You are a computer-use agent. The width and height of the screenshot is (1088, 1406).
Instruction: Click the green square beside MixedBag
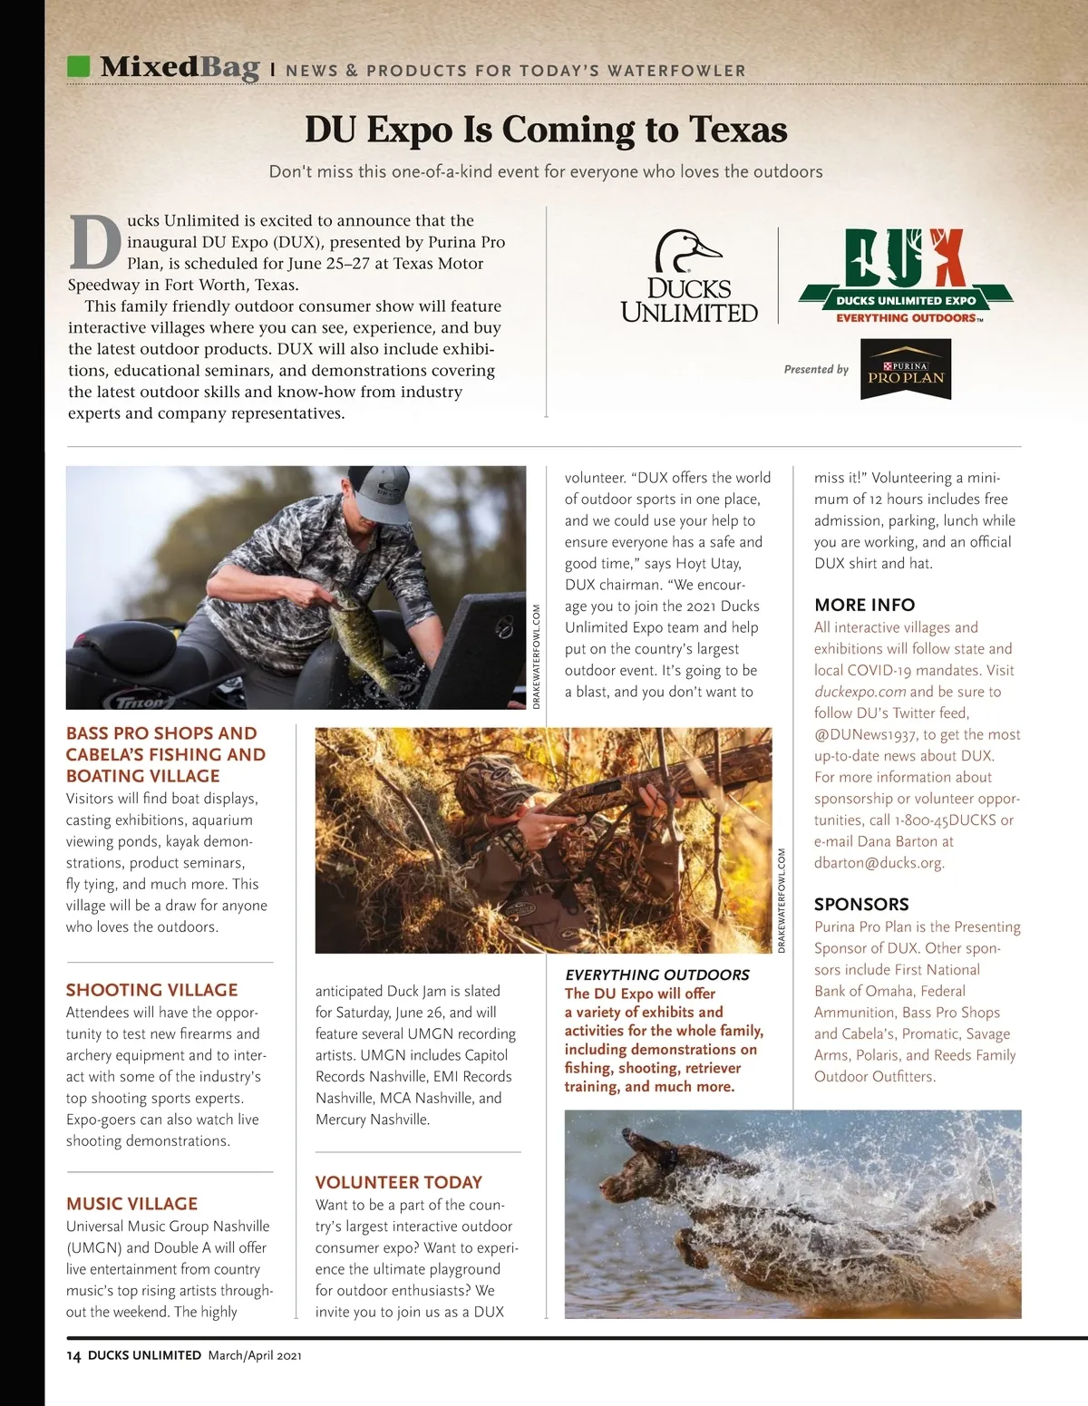(79, 67)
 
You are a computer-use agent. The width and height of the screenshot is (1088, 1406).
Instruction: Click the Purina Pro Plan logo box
(905, 370)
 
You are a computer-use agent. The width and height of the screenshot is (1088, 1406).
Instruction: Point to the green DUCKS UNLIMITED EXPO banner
(905, 300)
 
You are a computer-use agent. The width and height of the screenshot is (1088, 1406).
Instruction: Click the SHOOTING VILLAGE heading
(151, 990)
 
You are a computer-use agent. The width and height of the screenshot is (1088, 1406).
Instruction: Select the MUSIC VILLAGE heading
(131, 1204)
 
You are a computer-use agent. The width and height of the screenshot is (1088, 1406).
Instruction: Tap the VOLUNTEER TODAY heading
(398, 1182)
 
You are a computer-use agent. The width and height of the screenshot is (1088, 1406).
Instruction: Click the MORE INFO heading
(864, 605)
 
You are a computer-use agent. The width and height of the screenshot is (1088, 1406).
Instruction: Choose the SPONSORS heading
(860, 904)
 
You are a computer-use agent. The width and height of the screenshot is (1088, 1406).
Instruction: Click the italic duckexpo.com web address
(860, 692)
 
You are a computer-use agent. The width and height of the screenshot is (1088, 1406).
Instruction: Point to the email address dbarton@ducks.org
(879, 863)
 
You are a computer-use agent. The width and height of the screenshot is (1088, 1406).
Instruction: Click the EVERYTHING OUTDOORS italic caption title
(656, 975)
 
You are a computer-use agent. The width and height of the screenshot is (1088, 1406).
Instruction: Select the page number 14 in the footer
(73, 1356)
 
